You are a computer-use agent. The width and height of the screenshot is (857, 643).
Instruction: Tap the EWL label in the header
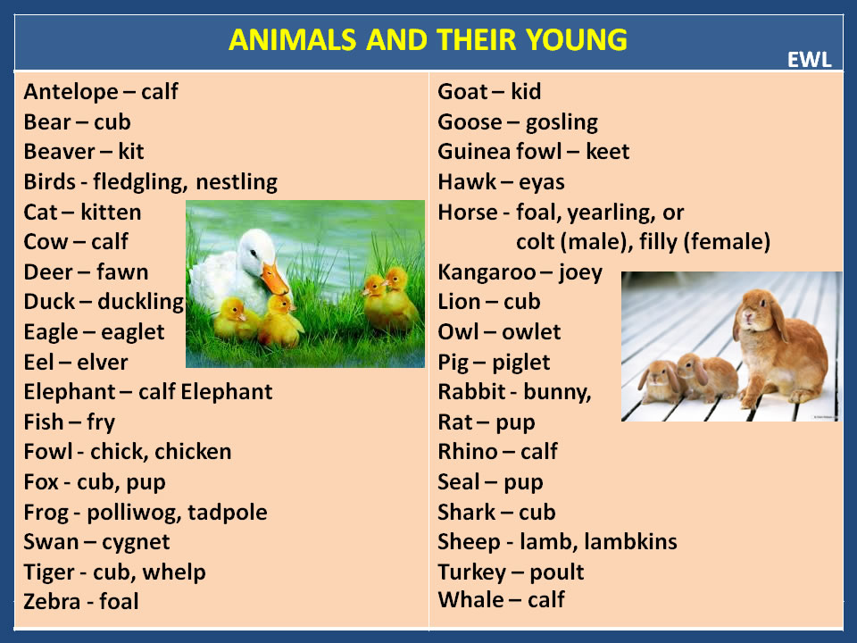809,60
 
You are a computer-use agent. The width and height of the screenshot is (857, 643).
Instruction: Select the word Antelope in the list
71,91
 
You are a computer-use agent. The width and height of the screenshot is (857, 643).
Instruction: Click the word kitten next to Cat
111,212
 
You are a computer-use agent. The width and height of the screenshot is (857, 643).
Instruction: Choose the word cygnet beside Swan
136,541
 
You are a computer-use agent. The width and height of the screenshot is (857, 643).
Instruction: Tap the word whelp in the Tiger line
176,572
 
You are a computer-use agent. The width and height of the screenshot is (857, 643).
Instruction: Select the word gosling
562,121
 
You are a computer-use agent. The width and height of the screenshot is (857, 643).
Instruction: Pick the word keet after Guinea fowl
607,152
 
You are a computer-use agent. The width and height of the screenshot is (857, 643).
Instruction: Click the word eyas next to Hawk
541,182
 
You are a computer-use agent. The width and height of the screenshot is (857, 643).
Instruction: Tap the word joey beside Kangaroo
580,271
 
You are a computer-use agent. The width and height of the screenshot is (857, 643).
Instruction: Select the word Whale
470,599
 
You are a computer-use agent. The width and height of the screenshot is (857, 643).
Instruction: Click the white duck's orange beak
275,280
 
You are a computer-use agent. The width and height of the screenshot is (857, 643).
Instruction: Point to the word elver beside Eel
102,362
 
